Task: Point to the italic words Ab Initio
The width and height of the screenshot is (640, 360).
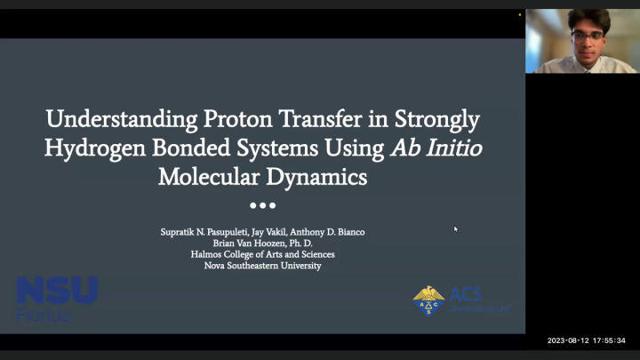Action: pyautogui.click(x=436, y=149)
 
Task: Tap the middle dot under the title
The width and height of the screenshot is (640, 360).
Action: pyautogui.click(x=262, y=205)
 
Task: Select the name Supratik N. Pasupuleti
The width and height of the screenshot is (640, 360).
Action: pyautogui.click(x=205, y=232)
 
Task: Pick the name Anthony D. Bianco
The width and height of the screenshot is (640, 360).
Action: pyautogui.click(x=332, y=232)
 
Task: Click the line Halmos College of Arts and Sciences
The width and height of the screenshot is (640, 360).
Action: pyautogui.click(x=262, y=254)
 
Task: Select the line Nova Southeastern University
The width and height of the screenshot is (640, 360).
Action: pyautogui.click(x=262, y=265)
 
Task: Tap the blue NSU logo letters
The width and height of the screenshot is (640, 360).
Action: pyautogui.click(x=57, y=292)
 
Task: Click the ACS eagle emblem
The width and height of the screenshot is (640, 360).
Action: pyautogui.click(x=429, y=300)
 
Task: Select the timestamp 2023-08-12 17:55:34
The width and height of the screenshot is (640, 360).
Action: pyautogui.click(x=587, y=340)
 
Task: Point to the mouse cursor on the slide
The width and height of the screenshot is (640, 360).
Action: pyautogui.click(x=455, y=228)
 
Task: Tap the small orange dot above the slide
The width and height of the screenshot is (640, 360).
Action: pyautogui.click(x=520, y=14)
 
